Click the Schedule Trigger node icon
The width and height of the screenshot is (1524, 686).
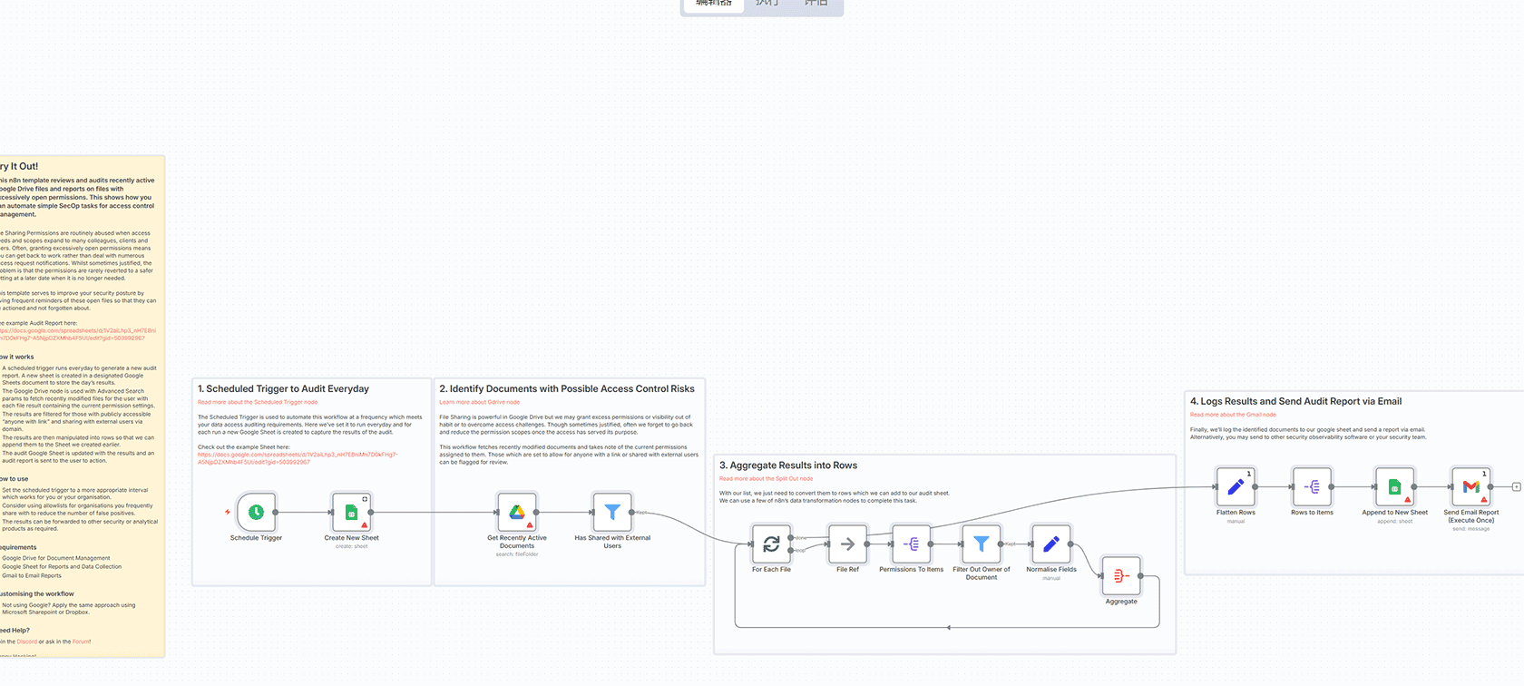(257, 513)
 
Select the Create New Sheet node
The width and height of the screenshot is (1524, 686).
(351, 513)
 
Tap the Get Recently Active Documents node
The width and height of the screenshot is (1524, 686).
(517, 513)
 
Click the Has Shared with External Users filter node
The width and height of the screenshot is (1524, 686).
(612, 513)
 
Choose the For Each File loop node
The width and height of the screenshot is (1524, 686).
(771, 544)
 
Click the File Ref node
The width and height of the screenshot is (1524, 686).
(847, 544)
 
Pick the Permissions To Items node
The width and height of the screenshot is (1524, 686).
(912, 544)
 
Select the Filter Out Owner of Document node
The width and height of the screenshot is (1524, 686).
(981, 544)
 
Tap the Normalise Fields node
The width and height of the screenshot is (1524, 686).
(1050, 544)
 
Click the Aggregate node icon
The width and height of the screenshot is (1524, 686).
(1120, 576)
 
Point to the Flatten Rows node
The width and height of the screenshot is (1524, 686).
(1236, 487)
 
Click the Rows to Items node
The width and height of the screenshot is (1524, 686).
(1312, 487)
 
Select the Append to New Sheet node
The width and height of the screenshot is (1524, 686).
(1394, 487)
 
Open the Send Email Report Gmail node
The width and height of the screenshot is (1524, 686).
(1470, 487)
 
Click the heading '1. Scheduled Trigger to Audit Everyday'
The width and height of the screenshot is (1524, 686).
(283, 388)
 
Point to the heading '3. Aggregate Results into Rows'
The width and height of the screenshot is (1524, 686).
(788, 465)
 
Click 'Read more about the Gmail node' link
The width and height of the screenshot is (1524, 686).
(1233, 415)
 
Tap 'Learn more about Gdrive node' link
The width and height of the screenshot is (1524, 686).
(479, 402)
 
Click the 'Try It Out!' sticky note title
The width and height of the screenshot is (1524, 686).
(19, 166)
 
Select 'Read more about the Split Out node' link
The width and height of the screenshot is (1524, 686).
(766, 478)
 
